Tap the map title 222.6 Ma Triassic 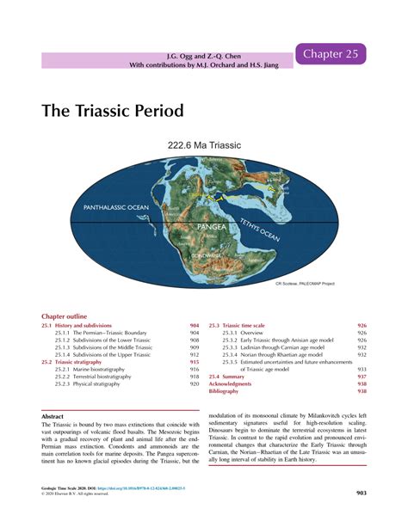pyautogui.click(x=204, y=146)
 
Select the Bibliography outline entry pyautogui.click(x=225, y=392)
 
